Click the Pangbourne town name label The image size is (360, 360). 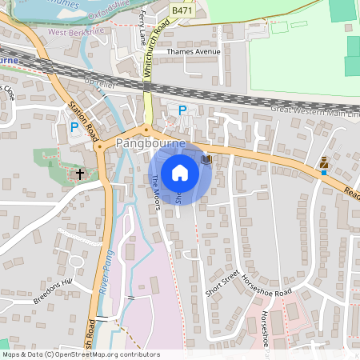(x=150, y=143)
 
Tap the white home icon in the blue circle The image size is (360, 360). (x=180, y=173)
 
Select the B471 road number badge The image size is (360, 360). (x=182, y=10)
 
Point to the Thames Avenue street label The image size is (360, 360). (x=193, y=52)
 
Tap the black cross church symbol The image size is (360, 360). (x=79, y=172)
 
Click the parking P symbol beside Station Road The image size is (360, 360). (x=74, y=126)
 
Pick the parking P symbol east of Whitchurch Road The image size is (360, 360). (x=182, y=110)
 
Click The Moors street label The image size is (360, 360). (x=156, y=193)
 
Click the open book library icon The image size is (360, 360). (x=206, y=159)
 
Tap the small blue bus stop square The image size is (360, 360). (x=323, y=173)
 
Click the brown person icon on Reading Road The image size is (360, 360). (x=323, y=162)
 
